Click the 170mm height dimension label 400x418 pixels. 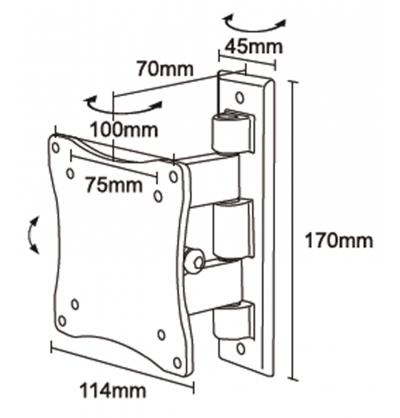tap(339, 241)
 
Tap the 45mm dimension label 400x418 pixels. tap(253, 47)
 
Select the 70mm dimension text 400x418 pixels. tap(165, 69)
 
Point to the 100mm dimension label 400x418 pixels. tap(124, 130)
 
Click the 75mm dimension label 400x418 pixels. tap(114, 185)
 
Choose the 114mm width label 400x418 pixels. tap(113, 391)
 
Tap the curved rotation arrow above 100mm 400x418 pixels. tap(123, 106)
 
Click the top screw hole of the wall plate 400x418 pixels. tap(240, 97)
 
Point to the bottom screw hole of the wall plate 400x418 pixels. tap(241, 348)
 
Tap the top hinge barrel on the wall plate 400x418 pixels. tap(232, 132)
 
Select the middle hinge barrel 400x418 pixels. tap(233, 229)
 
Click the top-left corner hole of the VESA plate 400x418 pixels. tap(56, 147)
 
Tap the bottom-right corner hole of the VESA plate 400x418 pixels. tap(177, 363)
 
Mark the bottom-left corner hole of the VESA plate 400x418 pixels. tap(62, 321)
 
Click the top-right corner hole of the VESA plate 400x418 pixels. tap(174, 177)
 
